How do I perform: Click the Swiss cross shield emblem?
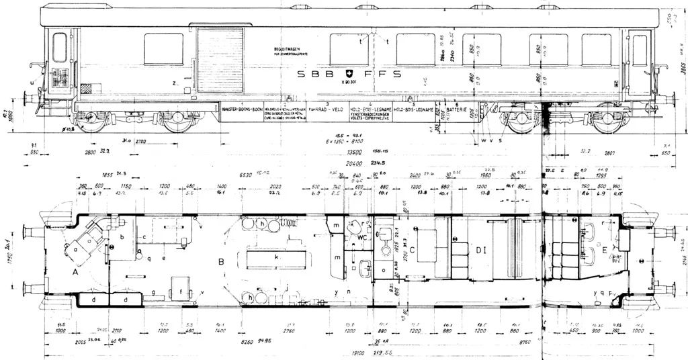click(348, 73)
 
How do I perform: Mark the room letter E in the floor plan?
click(606, 250)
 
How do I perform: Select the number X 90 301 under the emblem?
click(349, 83)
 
